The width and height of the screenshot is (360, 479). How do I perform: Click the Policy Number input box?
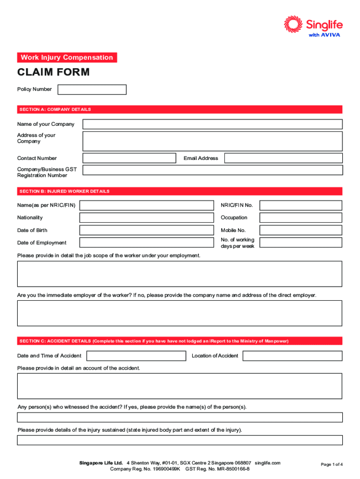[x=92, y=89]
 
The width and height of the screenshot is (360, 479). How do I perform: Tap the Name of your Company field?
[x=212, y=124]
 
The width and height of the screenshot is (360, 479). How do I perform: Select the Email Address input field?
[x=283, y=158]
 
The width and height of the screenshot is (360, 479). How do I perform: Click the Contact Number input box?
[x=129, y=158]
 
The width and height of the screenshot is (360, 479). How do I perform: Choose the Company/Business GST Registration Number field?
[x=212, y=171]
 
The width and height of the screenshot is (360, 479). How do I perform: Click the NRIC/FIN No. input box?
[x=301, y=205]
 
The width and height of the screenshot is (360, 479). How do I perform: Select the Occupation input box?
[x=301, y=218]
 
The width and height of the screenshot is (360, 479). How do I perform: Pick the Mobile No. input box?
[x=301, y=230]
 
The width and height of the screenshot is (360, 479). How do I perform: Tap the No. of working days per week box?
[x=301, y=243]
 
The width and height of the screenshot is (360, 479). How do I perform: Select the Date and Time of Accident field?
[x=135, y=356]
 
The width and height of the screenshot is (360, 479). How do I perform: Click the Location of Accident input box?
[x=292, y=356]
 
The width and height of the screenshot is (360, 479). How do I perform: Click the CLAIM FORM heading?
[x=53, y=73]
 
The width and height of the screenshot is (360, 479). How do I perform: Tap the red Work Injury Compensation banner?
[x=67, y=58]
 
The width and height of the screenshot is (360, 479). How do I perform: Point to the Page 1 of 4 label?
[x=331, y=464]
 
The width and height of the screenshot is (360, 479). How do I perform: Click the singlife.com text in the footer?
[x=268, y=463]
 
